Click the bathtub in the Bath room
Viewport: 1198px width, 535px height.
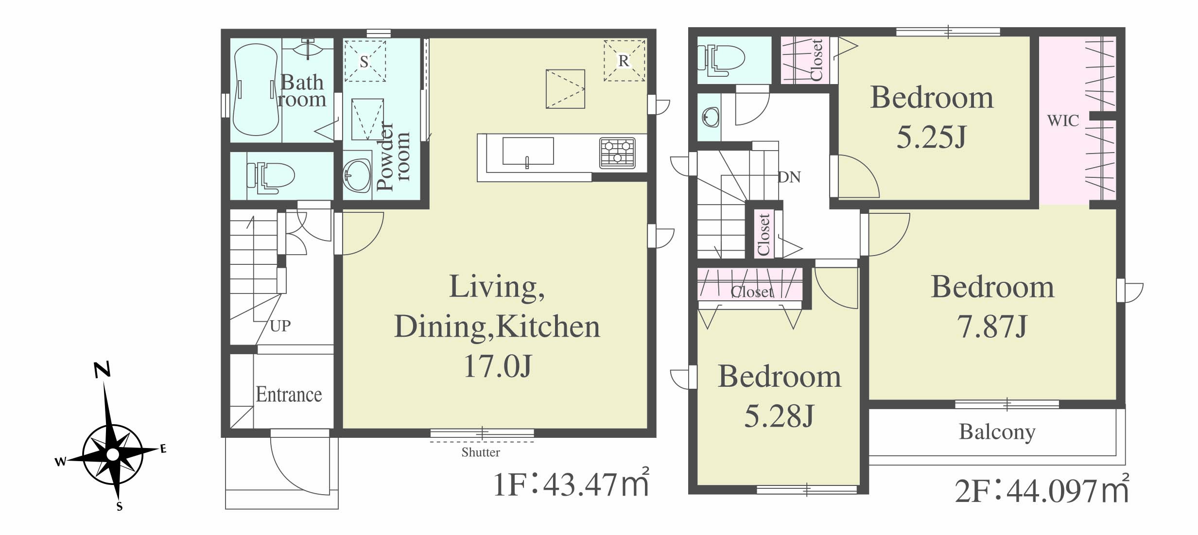point(256,90)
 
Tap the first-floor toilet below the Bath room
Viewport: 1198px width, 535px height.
point(270,176)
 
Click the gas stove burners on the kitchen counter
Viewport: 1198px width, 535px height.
point(617,153)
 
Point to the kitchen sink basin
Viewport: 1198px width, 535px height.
point(528,151)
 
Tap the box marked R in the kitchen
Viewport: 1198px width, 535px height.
point(625,61)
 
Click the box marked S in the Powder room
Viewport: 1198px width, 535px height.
point(365,61)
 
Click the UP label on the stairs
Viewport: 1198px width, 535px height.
point(280,326)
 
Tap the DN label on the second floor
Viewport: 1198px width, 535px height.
point(789,177)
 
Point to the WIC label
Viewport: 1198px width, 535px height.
point(1063,120)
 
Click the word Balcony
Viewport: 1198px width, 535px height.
point(997,431)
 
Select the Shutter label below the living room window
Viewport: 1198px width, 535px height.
point(481,452)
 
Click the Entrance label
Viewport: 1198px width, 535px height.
point(289,394)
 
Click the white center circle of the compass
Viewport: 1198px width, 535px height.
point(113,454)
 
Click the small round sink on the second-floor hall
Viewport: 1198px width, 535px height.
point(710,117)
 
